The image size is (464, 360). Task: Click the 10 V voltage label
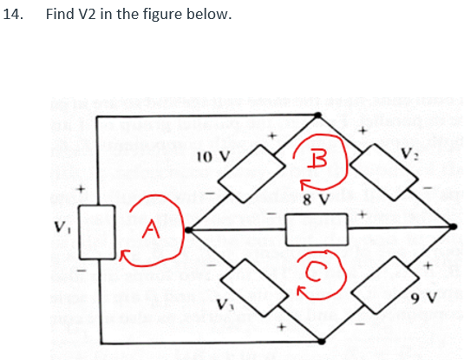tap(212, 157)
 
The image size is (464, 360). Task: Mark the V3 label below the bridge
tap(225, 306)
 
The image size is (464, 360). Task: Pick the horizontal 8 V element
tap(317, 229)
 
